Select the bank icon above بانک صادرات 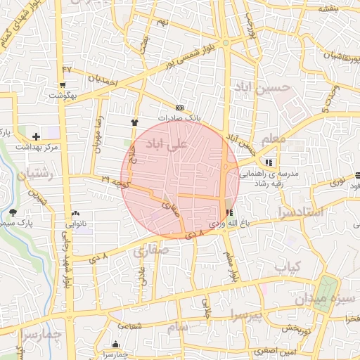tap(180, 108)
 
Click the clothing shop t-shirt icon tap(134, 122)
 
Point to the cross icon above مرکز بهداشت tap(37, 135)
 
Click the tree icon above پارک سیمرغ tap(13, 212)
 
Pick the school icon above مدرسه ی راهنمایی tap(269, 162)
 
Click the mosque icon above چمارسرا tap(115, 345)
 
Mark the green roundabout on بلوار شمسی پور tap(226, 43)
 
